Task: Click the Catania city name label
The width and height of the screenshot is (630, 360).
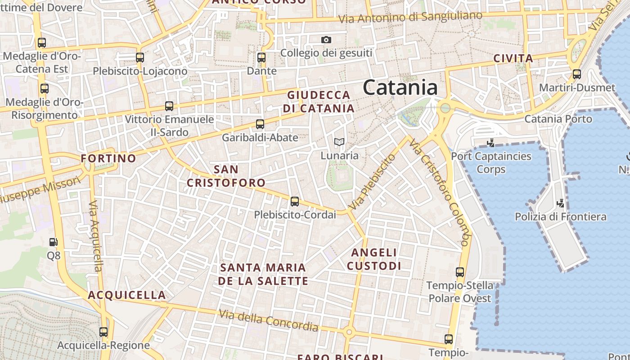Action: pos(400,87)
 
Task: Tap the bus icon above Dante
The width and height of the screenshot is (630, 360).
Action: pos(261,58)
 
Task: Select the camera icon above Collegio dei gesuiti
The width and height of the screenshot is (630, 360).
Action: pos(326,40)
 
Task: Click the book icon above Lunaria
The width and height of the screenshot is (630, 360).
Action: pos(339,142)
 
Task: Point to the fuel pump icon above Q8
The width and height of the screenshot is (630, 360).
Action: pos(54,242)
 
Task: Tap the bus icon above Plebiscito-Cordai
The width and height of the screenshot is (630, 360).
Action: pos(295,202)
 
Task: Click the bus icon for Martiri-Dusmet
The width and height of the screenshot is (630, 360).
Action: pos(577,74)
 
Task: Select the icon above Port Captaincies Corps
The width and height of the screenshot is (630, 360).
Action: pos(491,143)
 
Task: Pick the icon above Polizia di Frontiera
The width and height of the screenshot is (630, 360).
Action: pos(560,203)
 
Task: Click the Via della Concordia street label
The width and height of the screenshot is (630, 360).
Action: pos(269,320)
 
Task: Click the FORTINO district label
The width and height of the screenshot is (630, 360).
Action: pos(108,158)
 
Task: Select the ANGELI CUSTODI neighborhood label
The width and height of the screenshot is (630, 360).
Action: pos(374,259)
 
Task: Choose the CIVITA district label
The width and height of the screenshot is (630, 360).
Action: pos(513,58)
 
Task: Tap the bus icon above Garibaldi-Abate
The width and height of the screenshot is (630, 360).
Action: pos(260,124)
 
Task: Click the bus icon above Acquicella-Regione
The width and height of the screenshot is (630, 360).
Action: pos(103,332)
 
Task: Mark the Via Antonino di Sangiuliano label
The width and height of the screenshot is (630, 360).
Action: pos(410,18)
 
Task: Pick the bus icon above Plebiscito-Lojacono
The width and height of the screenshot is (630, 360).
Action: pos(140,58)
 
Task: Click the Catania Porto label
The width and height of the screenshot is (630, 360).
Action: pos(558,119)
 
